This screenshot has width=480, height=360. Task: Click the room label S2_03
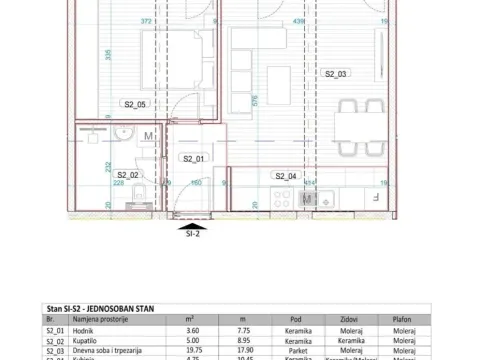(335, 74)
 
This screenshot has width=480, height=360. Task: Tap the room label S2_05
(135, 104)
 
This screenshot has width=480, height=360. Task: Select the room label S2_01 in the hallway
(193, 159)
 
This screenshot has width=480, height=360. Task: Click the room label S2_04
(286, 176)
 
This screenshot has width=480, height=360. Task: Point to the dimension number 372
(148, 20)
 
